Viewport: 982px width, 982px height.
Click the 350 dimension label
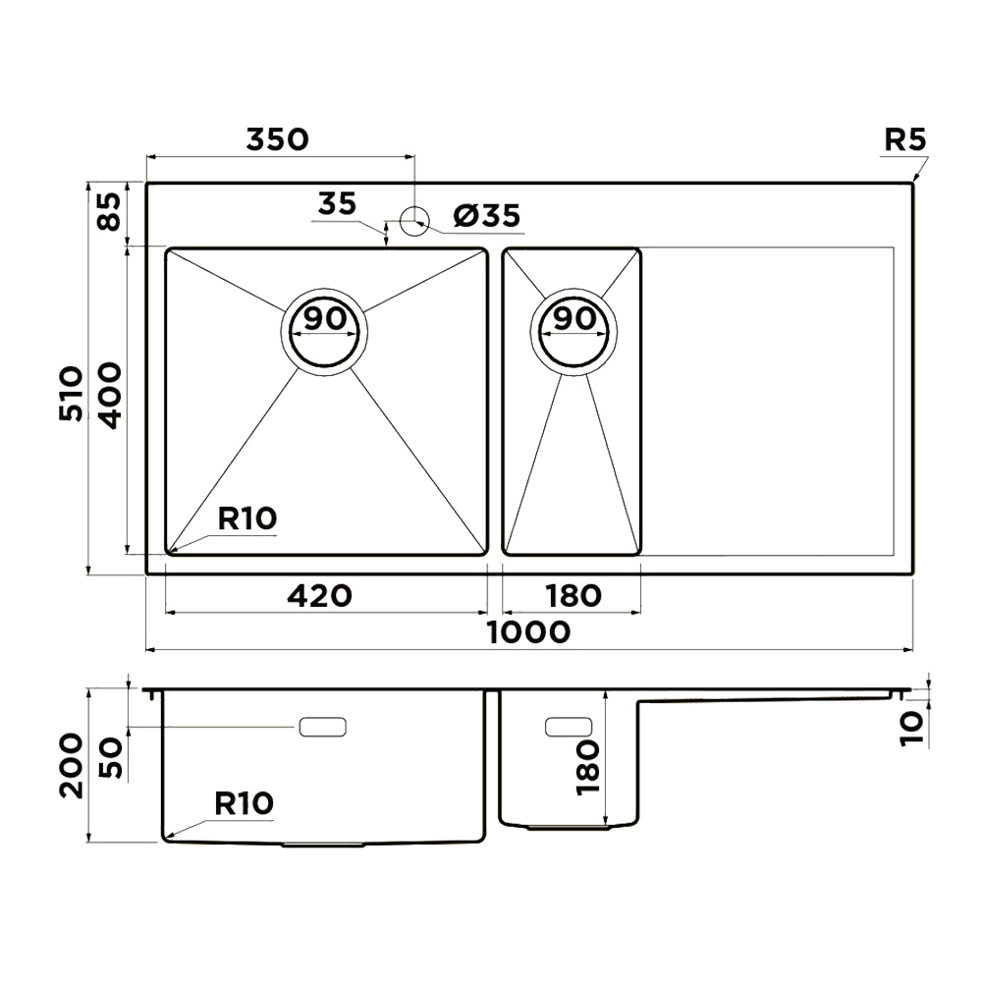click(278, 139)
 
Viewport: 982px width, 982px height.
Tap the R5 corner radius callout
click(904, 139)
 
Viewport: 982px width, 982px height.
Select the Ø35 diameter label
click(487, 215)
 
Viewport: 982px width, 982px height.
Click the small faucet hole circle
click(414, 221)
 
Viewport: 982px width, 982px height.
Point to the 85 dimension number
click(110, 212)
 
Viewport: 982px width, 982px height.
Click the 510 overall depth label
click(70, 394)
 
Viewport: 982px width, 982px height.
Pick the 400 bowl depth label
click(110, 395)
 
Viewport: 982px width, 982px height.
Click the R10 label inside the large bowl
click(247, 518)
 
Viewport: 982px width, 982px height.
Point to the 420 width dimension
click(319, 595)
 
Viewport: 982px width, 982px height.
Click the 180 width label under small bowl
click(573, 595)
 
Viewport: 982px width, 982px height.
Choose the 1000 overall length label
click(528, 631)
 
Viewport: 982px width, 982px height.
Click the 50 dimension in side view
click(111, 758)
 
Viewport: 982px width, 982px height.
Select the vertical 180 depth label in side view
click(587, 768)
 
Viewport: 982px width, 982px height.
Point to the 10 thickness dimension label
click(912, 729)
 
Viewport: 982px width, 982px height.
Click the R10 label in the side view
click(245, 803)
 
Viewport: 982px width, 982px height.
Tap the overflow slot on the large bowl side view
click(322, 727)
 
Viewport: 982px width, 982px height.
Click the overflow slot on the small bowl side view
click(569, 727)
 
